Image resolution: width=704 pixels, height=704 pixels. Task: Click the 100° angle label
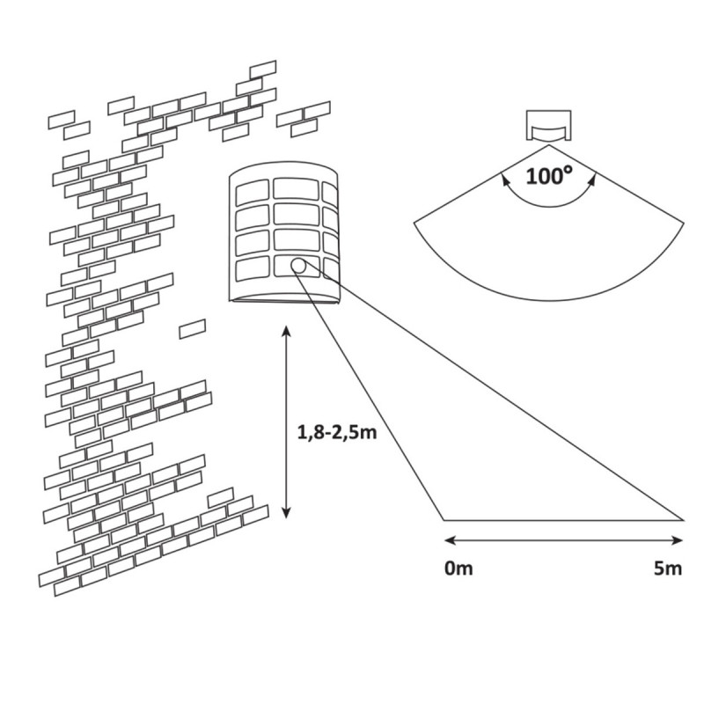tap(550, 174)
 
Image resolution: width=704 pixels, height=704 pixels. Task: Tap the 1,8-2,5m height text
tap(330, 432)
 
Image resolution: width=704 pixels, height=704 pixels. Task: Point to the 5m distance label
tap(668, 568)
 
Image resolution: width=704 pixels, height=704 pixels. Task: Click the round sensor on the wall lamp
tap(299, 265)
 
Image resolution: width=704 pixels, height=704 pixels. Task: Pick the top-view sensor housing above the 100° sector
tap(549, 125)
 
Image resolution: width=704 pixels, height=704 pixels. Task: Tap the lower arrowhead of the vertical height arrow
tap(286, 516)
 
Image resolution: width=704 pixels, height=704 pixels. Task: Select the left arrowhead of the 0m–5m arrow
tap(447, 540)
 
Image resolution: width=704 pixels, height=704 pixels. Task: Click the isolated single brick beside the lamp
tap(192, 330)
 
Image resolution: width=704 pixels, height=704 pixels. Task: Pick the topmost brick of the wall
tap(263, 69)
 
